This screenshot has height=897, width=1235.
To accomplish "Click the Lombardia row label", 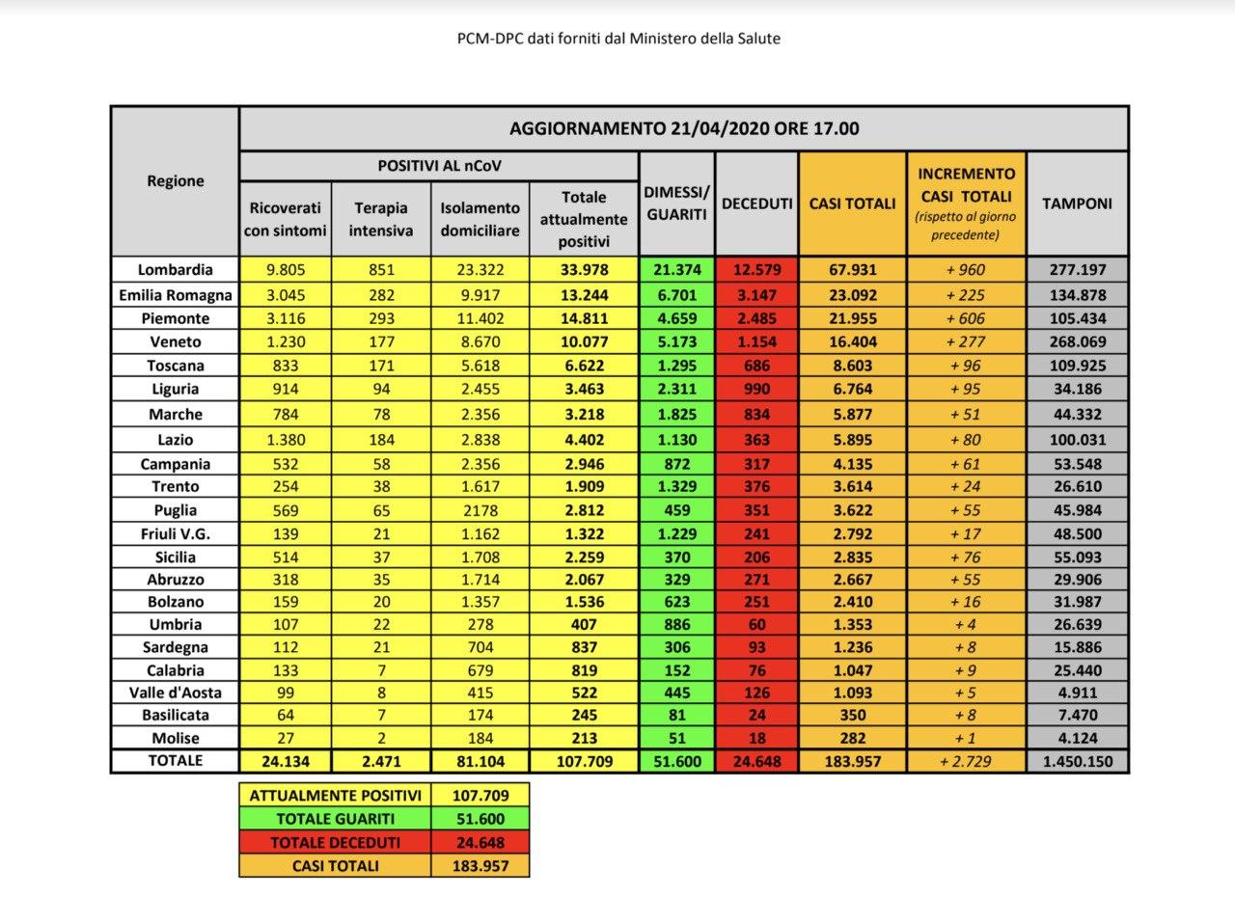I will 175,270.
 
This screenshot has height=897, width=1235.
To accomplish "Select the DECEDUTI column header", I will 756,204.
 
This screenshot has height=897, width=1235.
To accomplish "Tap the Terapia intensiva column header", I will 381,219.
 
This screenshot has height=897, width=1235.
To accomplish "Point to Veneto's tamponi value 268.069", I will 1077,341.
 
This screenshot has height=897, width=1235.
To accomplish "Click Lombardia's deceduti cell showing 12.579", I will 756,270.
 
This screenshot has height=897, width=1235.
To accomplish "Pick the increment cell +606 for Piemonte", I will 966,318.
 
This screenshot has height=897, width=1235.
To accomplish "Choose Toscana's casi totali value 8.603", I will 852,366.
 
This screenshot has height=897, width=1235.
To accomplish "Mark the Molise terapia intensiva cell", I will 381,738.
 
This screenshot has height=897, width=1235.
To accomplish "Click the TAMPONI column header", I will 1077,204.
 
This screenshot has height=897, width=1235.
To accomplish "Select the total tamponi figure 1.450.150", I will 1077,761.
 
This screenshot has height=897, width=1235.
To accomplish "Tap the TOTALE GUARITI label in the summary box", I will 336,819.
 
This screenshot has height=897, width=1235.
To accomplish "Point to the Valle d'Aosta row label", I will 175,692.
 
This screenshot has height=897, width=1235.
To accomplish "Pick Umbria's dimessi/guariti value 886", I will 676,624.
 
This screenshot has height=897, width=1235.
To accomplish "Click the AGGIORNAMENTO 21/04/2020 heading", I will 683,128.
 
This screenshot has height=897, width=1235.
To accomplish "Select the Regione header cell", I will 175,180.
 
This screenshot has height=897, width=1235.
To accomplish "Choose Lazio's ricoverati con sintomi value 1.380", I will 285,439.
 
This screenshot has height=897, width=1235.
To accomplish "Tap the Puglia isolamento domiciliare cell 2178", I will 480,510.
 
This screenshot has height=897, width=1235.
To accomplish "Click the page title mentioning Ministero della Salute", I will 618,39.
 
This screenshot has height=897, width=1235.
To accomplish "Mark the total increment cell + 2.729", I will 966,761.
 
